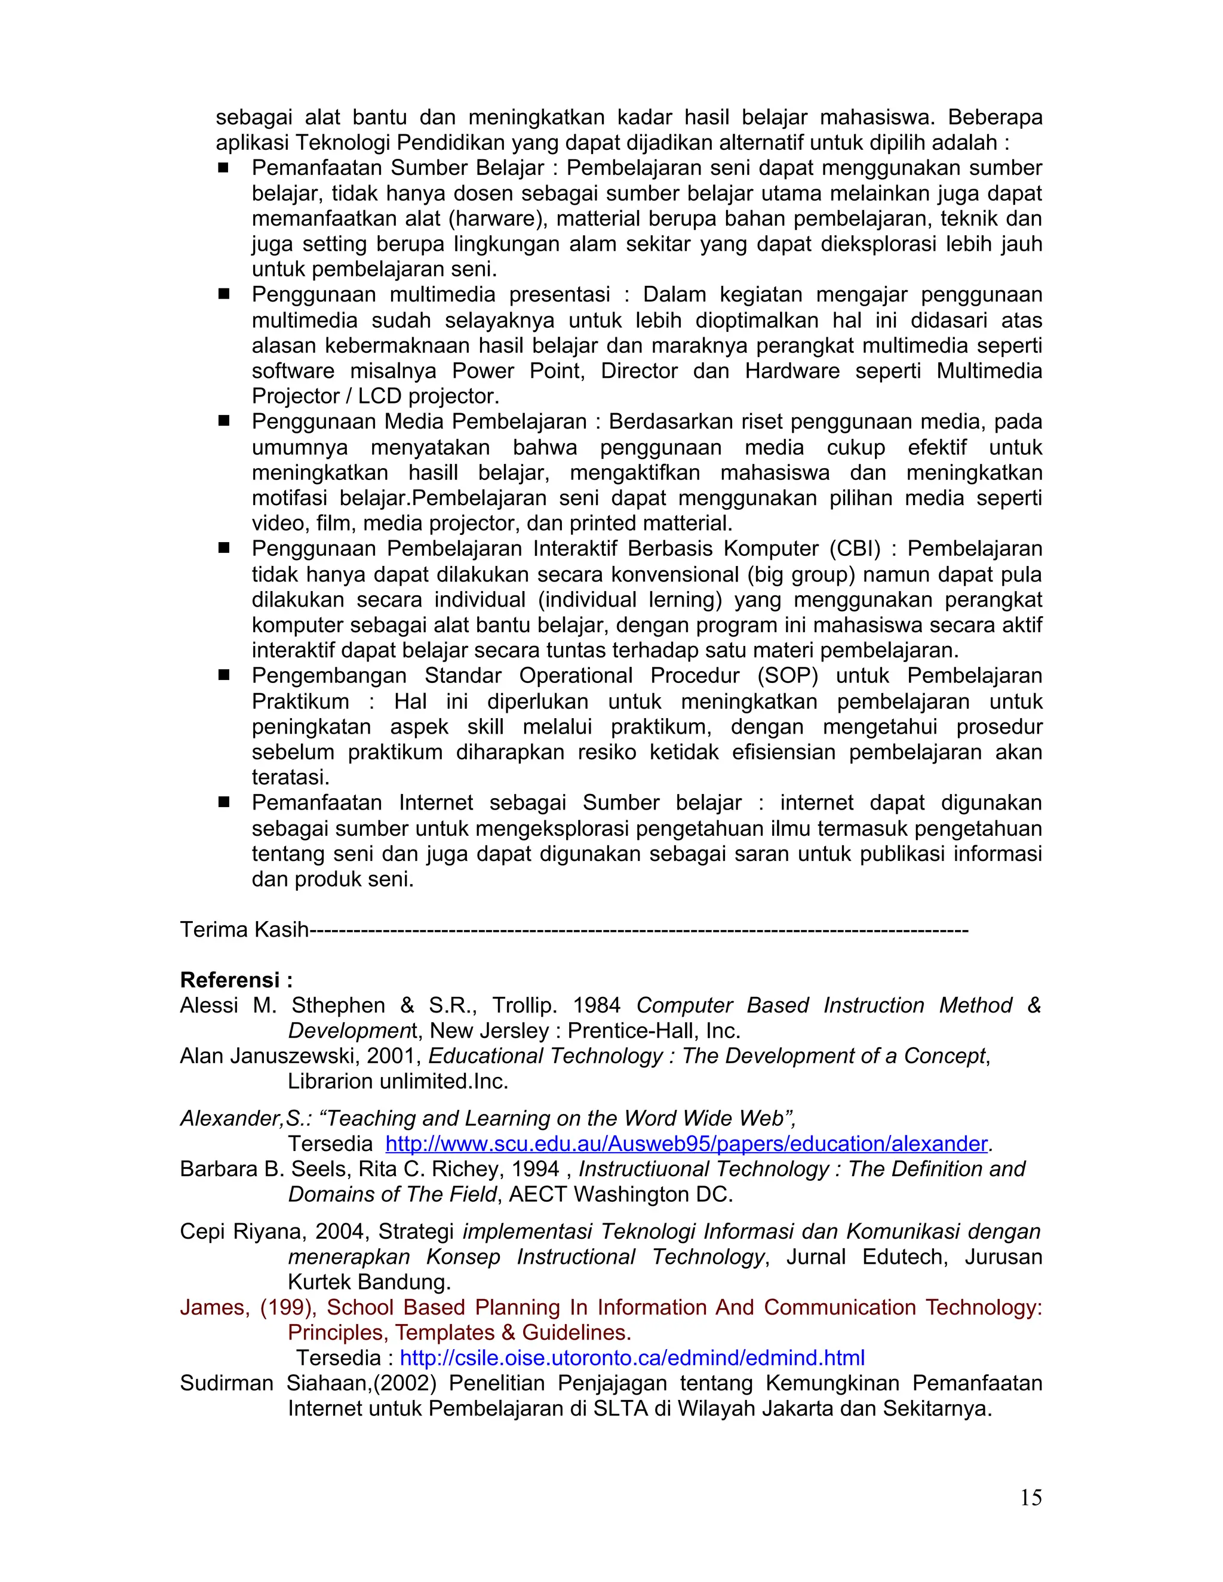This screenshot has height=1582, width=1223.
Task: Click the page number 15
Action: pos(1030,1497)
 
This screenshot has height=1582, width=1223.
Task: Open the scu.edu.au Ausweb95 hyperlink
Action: pos(686,1143)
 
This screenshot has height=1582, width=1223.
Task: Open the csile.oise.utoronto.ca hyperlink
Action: pos(632,1358)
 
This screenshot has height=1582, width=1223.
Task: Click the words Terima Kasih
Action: pos(244,929)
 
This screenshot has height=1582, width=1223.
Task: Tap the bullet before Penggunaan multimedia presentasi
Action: pos(224,295)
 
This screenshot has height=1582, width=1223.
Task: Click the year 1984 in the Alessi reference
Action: pos(597,1005)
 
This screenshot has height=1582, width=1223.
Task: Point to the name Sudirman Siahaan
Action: pos(275,1383)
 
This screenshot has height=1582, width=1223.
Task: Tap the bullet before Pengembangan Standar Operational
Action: pos(224,675)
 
